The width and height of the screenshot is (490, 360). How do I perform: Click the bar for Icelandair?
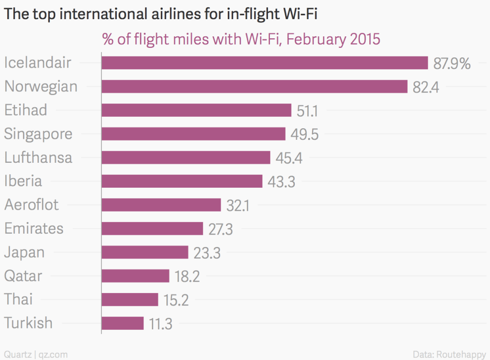pos(265,63)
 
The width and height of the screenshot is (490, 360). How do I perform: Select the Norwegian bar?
pos(255,87)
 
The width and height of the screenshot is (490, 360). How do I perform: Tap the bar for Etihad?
pos(197,110)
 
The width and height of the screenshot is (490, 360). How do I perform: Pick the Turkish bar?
pos(122,323)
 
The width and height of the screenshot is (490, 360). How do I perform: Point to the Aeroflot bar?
pos(161,205)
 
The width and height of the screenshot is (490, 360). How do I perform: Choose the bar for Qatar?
pos(135,276)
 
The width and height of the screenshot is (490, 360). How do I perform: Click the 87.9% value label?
pos(452,64)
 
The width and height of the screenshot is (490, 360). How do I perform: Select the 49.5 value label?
pos(304,135)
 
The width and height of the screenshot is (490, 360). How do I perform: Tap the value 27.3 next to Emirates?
pos(221,229)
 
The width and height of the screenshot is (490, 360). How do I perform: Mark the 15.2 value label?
pos(176,300)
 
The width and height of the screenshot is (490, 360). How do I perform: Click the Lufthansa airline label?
pos(38,157)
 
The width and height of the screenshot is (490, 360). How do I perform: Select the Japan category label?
pos(24,252)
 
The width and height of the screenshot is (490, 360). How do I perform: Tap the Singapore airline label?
pos(38,134)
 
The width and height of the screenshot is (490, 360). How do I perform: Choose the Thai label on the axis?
pos(19,299)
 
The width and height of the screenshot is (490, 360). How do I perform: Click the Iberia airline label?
pos(23,181)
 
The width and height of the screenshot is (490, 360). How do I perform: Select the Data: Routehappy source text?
pos(449,354)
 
